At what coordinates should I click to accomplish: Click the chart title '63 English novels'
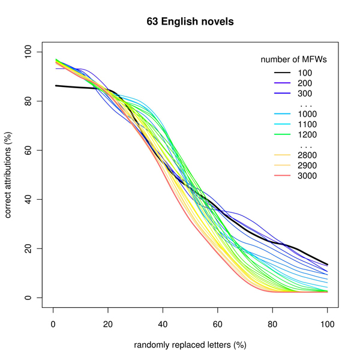190,22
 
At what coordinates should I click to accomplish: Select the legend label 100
305,73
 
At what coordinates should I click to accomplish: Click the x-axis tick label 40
163,323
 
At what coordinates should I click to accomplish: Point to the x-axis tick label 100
327,323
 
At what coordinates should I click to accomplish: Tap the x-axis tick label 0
53,323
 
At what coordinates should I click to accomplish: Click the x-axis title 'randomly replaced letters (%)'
190,345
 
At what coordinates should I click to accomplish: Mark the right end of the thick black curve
327,265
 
